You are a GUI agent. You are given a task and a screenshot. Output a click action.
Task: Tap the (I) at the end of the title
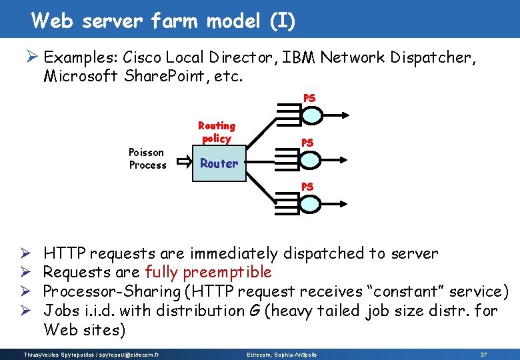point(282,21)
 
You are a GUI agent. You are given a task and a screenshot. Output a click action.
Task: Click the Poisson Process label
point(147,159)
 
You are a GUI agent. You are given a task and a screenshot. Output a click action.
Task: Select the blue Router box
point(219,163)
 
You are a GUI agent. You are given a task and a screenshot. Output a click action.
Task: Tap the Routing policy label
point(216,132)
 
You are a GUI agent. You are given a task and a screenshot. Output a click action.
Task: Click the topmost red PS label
point(309,98)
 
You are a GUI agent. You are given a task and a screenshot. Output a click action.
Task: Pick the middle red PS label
point(307,143)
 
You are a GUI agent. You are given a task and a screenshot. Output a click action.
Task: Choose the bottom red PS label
point(307,187)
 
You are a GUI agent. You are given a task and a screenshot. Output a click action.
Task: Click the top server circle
point(310,115)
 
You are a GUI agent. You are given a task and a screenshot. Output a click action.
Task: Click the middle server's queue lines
point(285,160)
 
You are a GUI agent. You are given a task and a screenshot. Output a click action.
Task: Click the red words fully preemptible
point(208,272)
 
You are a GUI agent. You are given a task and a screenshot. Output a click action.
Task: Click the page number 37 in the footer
point(483,353)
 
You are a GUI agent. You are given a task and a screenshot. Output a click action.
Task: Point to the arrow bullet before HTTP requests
point(25,253)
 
